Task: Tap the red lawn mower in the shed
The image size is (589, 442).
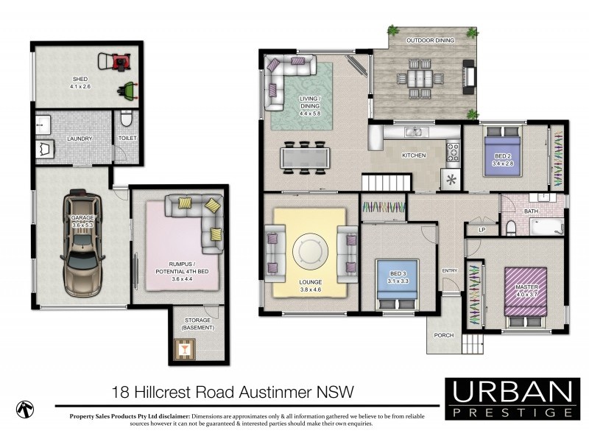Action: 120,61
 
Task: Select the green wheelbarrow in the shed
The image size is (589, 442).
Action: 127,91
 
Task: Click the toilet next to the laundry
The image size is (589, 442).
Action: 126,119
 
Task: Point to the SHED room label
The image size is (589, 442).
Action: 80,79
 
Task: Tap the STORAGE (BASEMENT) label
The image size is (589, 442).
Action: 199,323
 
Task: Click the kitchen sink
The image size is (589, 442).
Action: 414,133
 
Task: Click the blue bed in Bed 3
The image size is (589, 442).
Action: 398,283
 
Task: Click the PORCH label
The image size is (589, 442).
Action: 444,336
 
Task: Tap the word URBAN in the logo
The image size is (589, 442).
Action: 512,391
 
